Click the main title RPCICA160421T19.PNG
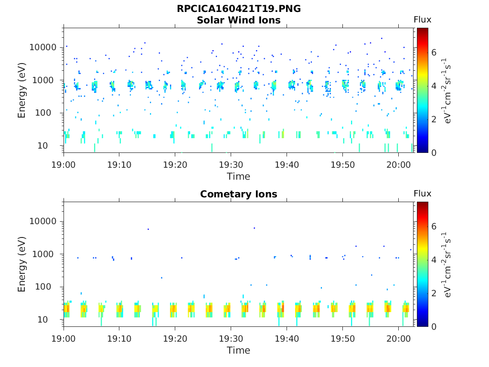[238, 9]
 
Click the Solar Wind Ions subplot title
[238, 20]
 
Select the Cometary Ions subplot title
[238, 194]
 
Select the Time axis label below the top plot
[238, 176]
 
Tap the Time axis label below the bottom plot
[238, 350]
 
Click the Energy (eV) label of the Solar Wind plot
[22, 90]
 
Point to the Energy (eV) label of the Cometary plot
[22, 264]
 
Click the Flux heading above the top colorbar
[422, 20]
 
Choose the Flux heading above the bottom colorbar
[422, 194]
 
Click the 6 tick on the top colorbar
[434, 52]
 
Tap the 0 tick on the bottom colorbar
[434, 326]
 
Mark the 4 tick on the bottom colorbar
[434, 259]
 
